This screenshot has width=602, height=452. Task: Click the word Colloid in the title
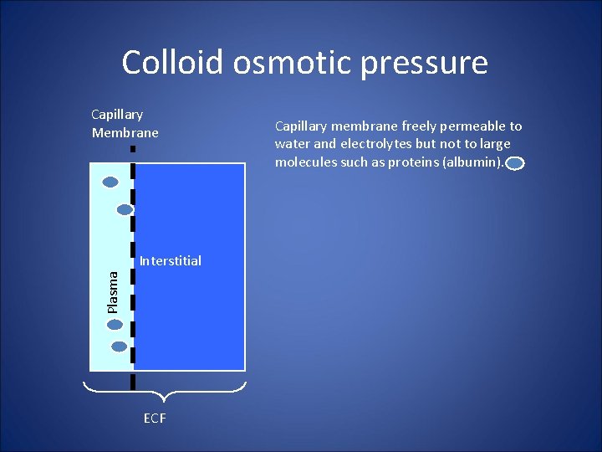click(172, 63)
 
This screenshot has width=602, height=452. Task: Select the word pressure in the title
click(430, 63)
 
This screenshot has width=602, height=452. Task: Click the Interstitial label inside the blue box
click(171, 261)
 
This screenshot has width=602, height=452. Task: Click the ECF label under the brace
click(155, 419)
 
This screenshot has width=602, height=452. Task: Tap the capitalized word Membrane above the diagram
click(125, 132)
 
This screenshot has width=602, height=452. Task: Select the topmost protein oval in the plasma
click(110, 182)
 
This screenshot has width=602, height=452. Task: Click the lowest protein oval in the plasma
click(119, 346)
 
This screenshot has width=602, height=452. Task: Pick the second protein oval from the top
click(125, 209)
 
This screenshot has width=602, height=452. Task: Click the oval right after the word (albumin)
click(515, 164)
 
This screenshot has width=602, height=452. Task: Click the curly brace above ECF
click(165, 388)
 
